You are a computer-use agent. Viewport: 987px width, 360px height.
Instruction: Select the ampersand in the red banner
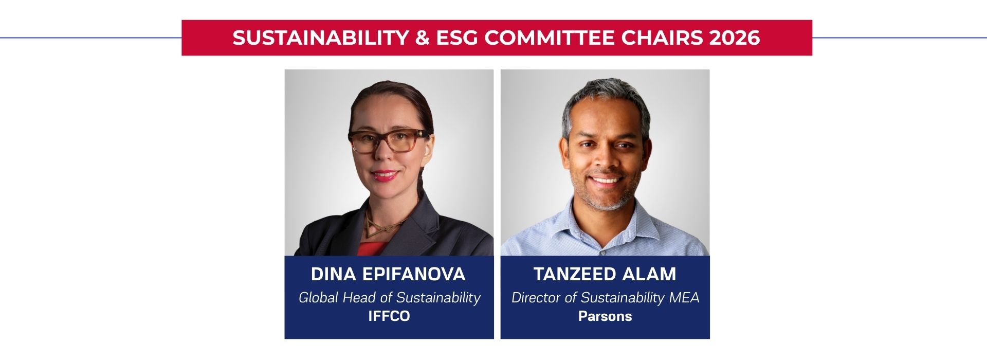click(x=422, y=38)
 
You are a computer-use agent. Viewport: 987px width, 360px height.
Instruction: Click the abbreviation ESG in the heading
click(x=457, y=38)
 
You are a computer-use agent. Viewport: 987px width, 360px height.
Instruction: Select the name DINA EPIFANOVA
click(x=388, y=274)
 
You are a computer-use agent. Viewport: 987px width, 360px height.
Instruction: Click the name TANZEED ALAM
click(x=605, y=274)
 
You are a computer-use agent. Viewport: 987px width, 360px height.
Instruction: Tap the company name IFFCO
click(x=389, y=316)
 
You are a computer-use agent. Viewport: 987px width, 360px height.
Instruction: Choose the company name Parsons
click(x=605, y=316)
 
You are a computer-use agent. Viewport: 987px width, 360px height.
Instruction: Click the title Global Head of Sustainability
click(x=389, y=297)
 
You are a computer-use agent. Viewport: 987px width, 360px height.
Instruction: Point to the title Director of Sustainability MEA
click(x=605, y=297)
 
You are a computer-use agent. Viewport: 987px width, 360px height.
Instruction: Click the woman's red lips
click(x=385, y=175)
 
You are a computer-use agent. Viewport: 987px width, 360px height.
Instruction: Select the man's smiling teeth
click(x=607, y=180)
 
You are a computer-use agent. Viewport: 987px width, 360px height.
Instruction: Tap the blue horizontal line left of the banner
click(x=90, y=38)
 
